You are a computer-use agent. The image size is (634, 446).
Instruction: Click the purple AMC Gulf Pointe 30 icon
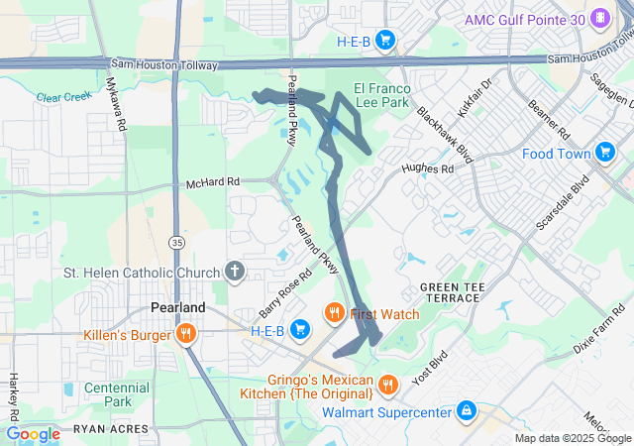pos(599,20)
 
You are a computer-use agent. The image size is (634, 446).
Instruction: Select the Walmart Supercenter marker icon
pos(466,410)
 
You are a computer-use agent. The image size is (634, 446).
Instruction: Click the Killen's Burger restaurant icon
pos(184,334)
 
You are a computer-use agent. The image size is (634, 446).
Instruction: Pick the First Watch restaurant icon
pos(335,313)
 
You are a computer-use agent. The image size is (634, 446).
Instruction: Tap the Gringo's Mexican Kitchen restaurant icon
pos(388,383)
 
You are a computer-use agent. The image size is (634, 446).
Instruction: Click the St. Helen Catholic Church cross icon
pos(235,272)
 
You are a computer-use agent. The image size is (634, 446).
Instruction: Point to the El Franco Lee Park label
pos(375,93)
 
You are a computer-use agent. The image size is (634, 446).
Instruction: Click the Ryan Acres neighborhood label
pos(109,430)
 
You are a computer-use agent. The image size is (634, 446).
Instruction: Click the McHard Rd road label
pos(213,183)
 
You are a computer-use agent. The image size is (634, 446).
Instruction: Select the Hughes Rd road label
pos(427,169)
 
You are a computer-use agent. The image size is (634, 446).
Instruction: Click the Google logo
pos(33,433)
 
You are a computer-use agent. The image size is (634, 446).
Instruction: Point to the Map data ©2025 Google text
pos(572,439)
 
